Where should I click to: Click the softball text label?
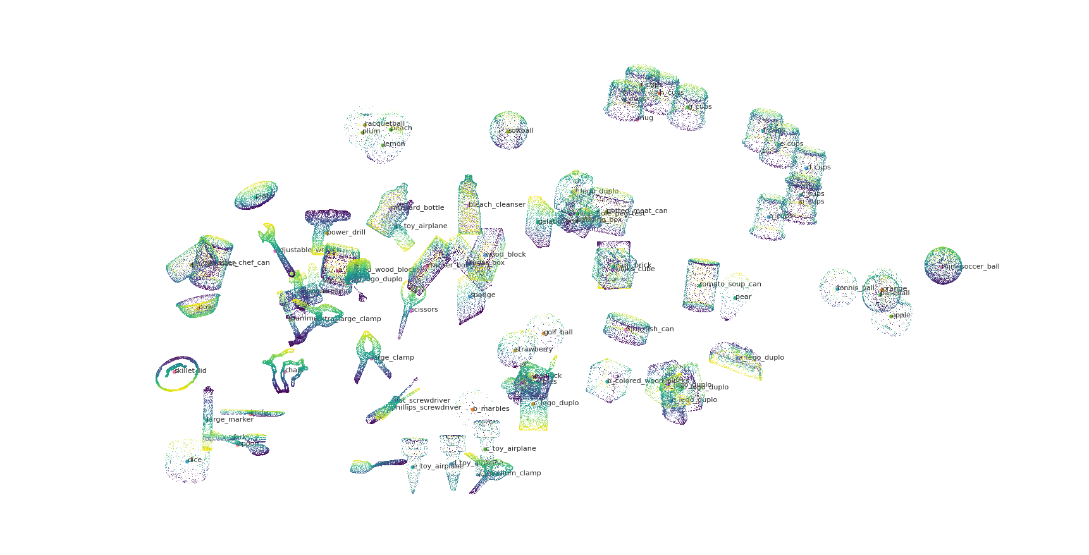click(x=521, y=131)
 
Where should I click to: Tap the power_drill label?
click(x=346, y=232)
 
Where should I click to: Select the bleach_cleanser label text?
click(x=497, y=204)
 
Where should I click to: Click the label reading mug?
click(x=645, y=118)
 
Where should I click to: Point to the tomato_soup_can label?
click(x=730, y=284)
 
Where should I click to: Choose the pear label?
click(x=743, y=296)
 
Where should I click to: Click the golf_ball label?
click(x=558, y=332)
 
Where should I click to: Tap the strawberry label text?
click(x=534, y=349)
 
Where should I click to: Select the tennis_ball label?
click(x=856, y=288)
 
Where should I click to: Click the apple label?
click(x=901, y=315)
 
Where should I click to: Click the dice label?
click(x=195, y=460)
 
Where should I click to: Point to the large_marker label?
click(x=230, y=419)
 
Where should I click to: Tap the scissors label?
click(x=425, y=309)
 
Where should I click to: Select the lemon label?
click(x=394, y=143)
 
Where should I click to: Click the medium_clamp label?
click(x=514, y=473)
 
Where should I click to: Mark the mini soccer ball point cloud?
click(x=942, y=265)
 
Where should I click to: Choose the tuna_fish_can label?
click(x=650, y=329)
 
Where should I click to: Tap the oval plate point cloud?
click(x=255, y=195)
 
